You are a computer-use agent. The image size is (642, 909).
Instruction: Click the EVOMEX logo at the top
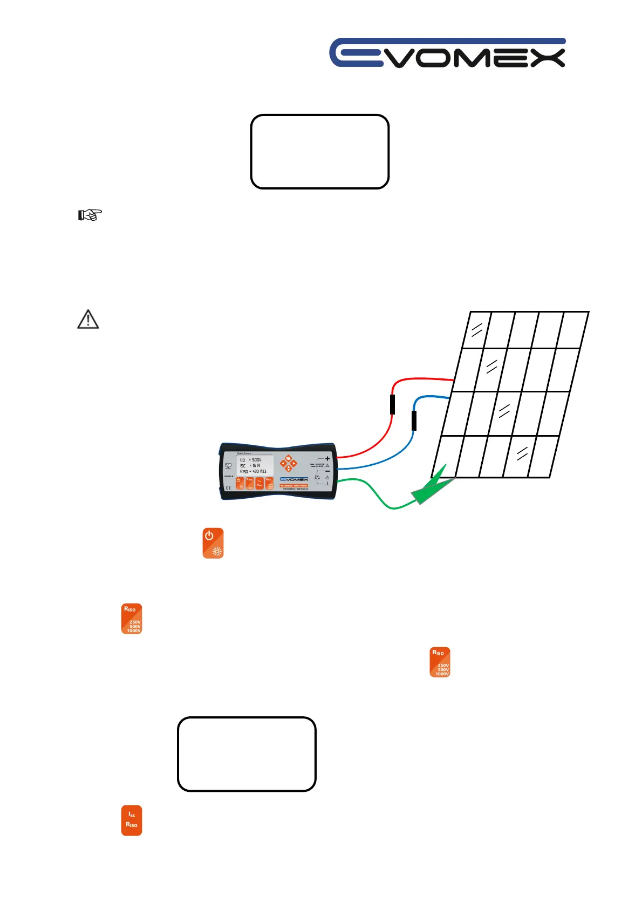coord(447,53)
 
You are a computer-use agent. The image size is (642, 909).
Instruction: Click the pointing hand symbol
coord(90,215)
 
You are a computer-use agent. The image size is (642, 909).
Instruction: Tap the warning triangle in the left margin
coord(88,320)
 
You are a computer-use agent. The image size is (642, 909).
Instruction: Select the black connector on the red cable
coord(392,404)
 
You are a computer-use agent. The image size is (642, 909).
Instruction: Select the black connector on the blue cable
coord(414,420)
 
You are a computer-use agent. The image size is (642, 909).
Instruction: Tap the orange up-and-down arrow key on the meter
coord(289,464)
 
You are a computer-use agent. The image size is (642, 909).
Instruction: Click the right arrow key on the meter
coord(295,464)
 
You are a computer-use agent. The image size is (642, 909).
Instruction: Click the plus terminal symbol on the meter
coord(327,458)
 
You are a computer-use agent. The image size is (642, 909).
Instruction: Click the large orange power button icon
coord(213,543)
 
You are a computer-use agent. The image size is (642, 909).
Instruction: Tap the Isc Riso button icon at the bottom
coord(132,820)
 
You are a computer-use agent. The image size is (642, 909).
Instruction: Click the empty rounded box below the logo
coord(320,152)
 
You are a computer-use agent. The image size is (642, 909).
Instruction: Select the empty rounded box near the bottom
coord(247,754)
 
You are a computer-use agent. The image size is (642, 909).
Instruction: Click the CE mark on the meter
coord(228,488)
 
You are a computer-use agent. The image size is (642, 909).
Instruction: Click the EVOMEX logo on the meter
coord(294,479)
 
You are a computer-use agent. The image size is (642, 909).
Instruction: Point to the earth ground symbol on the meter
coord(327,483)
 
